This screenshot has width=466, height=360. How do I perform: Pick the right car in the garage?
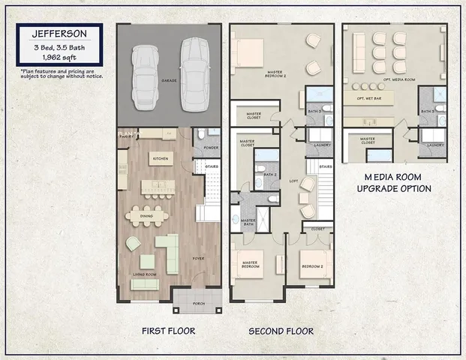pyautogui.click(x=193, y=68)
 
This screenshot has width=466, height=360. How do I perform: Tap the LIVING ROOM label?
pyautogui.click(x=145, y=275)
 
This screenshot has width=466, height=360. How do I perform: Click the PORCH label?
pyautogui.click(x=197, y=304)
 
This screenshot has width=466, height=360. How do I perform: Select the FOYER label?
pyautogui.click(x=198, y=258)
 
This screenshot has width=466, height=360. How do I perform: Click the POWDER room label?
pyautogui.click(x=211, y=148)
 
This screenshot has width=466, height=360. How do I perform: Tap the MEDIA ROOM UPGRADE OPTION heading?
pyautogui.click(x=393, y=182)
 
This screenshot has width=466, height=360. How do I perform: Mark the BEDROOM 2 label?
pyautogui.click(x=311, y=266)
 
